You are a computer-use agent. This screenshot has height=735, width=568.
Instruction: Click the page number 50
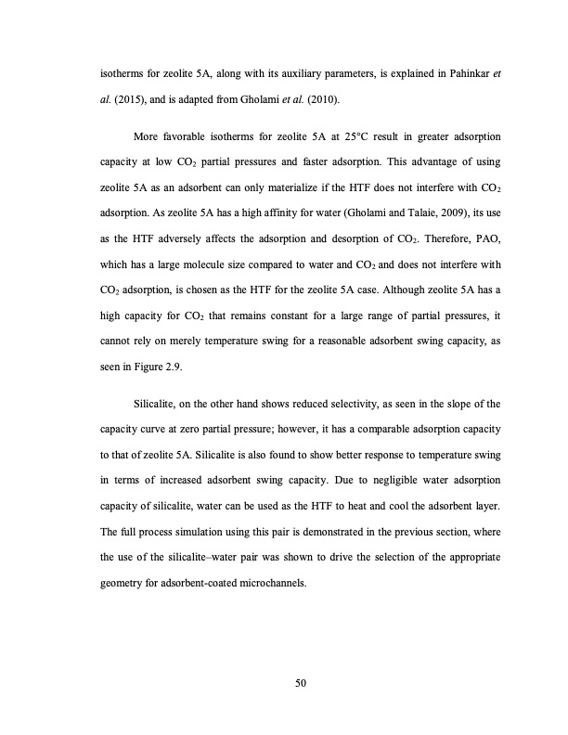coord(300,684)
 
